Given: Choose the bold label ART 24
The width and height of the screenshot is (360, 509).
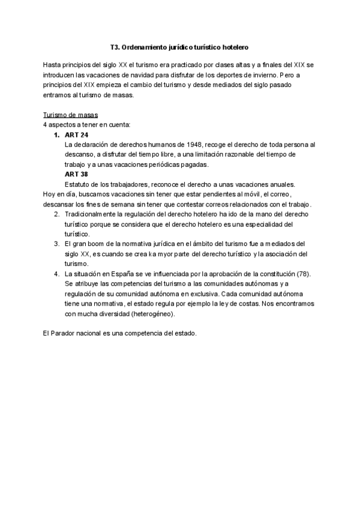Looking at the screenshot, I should pos(76,135).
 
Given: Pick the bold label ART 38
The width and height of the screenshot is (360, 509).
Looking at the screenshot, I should pos(76,175).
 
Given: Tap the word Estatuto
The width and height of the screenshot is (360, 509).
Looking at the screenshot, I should pos(78,184).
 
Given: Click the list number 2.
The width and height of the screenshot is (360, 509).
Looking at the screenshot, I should pos(56,214).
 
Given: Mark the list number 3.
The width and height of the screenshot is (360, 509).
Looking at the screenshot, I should pos(56,244).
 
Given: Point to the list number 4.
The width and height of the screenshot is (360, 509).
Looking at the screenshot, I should pos(56,274).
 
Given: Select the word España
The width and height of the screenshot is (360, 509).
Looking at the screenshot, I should pos(125,274).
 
